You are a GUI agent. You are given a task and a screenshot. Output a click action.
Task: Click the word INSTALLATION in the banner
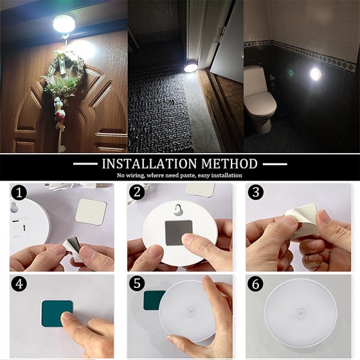[x=149, y=164]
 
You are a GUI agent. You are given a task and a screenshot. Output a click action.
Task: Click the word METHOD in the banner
[x=229, y=164]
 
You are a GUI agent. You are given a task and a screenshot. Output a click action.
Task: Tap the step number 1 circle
[x=19, y=193]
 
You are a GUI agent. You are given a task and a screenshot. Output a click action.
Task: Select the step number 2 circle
[x=137, y=192]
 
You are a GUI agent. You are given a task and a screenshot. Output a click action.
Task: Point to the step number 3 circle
[x=256, y=192]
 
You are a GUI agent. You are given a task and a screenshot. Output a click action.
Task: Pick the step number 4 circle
[x=19, y=284]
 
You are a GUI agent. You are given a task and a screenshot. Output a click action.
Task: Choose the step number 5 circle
[x=137, y=283]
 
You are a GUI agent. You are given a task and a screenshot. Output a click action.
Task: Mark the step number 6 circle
[x=256, y=284]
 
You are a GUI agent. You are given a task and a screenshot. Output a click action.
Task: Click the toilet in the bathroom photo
[x=260, y=99]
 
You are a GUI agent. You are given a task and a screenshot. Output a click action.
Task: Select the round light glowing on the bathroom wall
[x=315, y=74]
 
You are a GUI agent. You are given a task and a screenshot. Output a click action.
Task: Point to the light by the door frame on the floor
[x=191, y=68]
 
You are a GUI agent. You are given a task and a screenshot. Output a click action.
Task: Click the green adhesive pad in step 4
[x=57, y=314]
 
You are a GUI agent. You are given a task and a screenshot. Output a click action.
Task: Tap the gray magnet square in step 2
[x=179, y=232]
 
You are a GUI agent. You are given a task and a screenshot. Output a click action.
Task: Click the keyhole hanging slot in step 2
[x=177, y=210]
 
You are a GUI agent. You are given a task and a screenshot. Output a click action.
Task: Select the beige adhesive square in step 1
[x=91, y=212]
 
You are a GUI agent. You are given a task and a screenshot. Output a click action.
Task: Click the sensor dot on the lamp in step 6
[x=301, y=313]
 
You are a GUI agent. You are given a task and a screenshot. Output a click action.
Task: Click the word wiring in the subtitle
[x=135, y=176]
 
